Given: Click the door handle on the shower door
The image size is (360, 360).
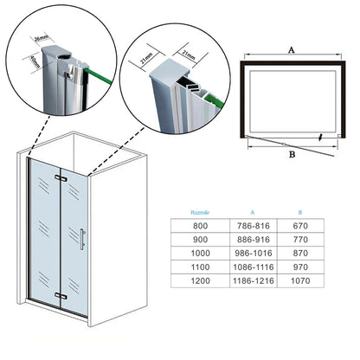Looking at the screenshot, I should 82,239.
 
